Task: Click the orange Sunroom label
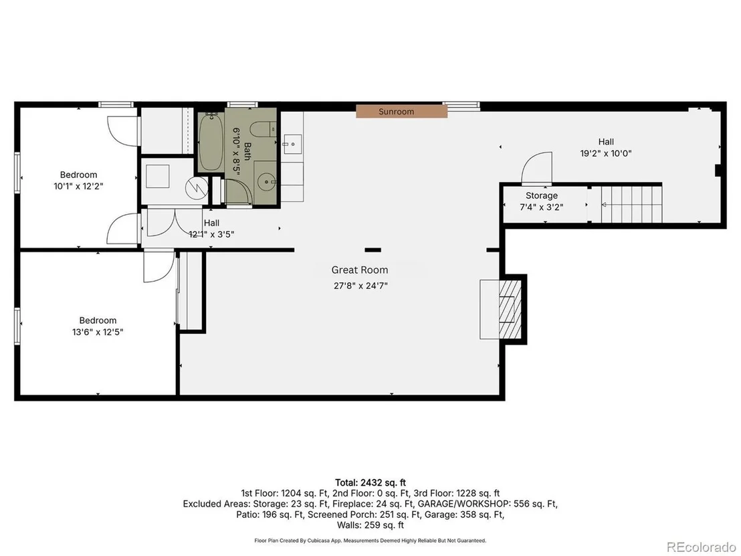point(401,112)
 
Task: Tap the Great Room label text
point(360,270)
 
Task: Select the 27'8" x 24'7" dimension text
point(360,286)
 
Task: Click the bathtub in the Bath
point(211,143)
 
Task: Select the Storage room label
point(542,195)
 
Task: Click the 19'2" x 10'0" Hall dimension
point(606,153)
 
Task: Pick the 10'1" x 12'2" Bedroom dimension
point(78,186)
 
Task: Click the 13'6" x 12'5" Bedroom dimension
point(98,332)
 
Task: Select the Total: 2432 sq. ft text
point(370,482)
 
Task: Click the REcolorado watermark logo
point(702,547)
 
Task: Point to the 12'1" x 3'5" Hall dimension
point(212,234)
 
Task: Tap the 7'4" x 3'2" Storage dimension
point(542,207)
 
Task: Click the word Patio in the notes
point(246,515)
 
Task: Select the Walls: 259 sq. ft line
point(370,525)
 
